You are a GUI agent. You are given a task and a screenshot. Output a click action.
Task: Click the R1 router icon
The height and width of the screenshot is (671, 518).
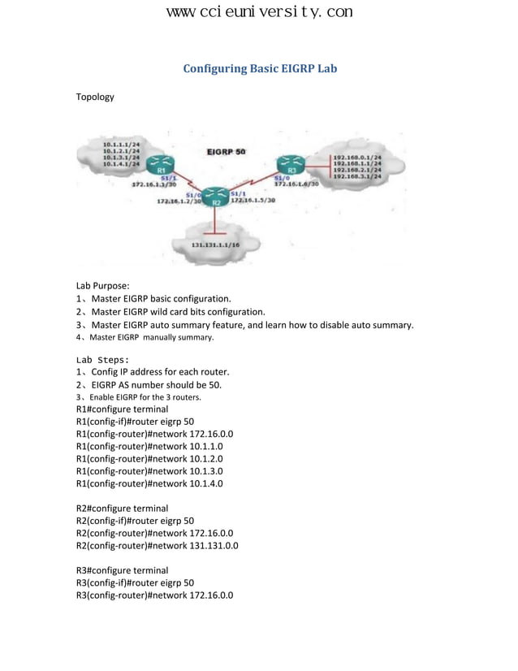pyautogui.click(x=162, y=163)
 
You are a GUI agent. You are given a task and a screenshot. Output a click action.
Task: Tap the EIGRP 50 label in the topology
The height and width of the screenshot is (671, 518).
pyautogui.click(x=227, y=152)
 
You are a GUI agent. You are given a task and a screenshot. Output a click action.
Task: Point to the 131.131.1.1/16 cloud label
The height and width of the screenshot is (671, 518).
pyautogui.click(x=215, y=244)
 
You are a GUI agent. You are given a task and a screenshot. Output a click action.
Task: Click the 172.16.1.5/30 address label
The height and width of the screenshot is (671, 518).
pyautogui.click(x=253, y=200)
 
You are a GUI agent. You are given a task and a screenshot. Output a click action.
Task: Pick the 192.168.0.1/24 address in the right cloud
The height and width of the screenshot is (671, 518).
pyautogui.click(x=357, y=158)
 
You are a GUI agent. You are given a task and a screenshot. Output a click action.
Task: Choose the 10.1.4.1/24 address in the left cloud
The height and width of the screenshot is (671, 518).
pyautogui.click(x=121, y=164)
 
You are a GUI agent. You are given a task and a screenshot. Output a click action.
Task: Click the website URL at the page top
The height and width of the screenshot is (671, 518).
pyautogui.click(x=259, y=12)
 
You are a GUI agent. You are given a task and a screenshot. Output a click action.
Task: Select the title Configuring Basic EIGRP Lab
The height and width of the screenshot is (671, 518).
pyautogui.click(x=259, y=69)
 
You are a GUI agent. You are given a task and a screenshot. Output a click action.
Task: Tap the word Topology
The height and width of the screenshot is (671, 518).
pyautogui.click(x=95, y=97)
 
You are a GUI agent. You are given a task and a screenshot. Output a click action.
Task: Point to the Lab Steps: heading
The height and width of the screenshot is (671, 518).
pyautogui.click(x=102, y=359)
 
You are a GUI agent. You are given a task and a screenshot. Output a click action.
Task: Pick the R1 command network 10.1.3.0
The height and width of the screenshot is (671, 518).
pyautogui.click(x=149, y=471)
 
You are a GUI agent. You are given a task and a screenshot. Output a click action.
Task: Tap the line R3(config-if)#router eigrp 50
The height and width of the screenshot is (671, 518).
pyautogui.click(x=135, y=583)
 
